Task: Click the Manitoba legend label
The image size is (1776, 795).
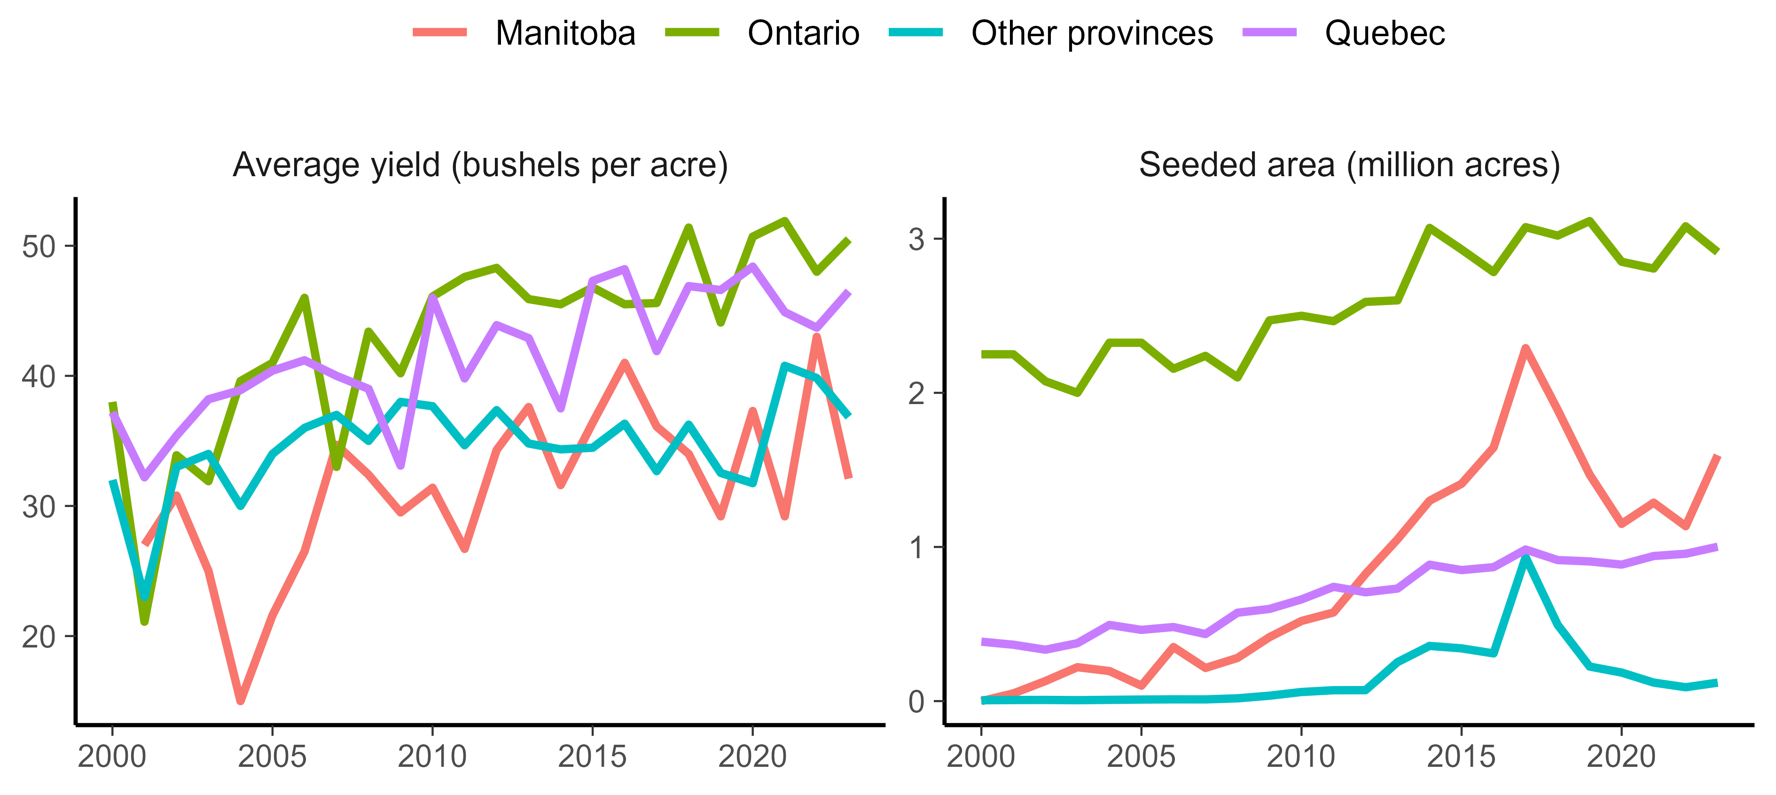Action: coord(565,33)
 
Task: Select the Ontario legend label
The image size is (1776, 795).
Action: coord(803,33)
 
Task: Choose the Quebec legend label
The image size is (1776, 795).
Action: coord(1385,33)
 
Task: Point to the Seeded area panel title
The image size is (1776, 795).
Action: coord(1349,165)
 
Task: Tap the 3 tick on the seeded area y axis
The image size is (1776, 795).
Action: coord(916,239)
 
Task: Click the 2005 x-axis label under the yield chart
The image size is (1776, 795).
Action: coord(272,757)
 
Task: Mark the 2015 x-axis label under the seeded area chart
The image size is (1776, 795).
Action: coord(1461,757)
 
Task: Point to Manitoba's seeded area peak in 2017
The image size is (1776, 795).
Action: coord(1526,348)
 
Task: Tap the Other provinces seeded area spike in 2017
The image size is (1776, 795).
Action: coord(1526,557)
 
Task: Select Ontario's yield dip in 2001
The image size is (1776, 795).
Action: coord(145,621)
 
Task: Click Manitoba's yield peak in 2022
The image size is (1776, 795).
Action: coord(817,336)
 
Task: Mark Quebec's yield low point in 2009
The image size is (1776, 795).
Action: coord(400,466)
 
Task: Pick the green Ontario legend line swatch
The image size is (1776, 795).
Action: coord(692,32)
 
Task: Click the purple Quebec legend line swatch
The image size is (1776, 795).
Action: coord(1269,32)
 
